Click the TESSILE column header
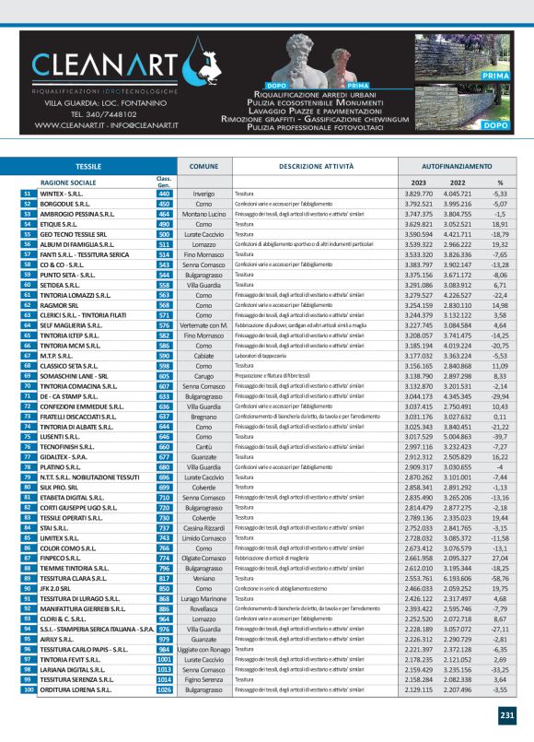coord(88,166)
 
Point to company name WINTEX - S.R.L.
coord(62,194)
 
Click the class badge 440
coord(164,194)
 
